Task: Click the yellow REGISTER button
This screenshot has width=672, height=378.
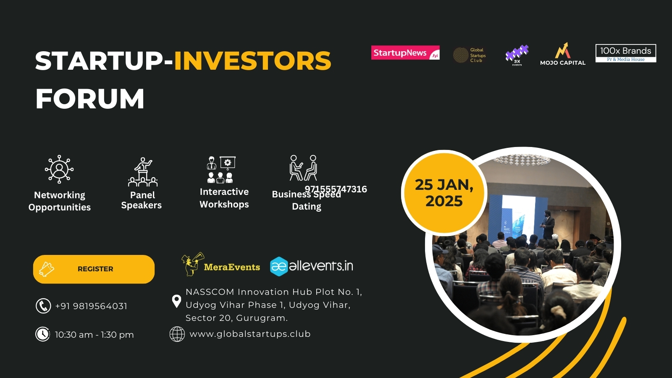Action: pos(94,269)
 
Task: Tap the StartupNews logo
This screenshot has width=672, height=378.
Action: pos(405,52)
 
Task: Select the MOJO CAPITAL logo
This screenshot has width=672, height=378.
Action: pos(562,54)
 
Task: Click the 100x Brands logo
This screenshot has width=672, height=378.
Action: pos(625,53)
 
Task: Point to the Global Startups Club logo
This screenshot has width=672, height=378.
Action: pos(470,55)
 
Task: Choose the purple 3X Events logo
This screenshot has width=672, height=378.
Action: pos(517,55)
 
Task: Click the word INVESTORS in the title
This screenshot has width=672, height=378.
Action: pos(252,61)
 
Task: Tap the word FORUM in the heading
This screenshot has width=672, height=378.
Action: pos(90,99)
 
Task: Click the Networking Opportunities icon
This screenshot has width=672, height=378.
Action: pos(59,169)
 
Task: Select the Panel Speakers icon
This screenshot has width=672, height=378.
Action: pos(143,172)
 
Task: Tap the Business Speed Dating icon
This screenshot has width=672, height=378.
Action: pos(303,168)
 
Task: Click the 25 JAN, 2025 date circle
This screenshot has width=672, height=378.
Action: pos(444,193)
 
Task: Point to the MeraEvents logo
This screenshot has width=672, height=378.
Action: pos(220,265)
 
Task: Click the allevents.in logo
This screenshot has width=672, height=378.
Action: pos(311,266)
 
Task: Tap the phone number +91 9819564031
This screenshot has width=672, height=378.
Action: pos(91,306)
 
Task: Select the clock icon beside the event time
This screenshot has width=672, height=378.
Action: pos(42,334)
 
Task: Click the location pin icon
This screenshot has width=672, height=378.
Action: pos(176,301)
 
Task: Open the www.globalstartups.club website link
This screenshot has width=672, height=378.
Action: pos(250,334)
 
